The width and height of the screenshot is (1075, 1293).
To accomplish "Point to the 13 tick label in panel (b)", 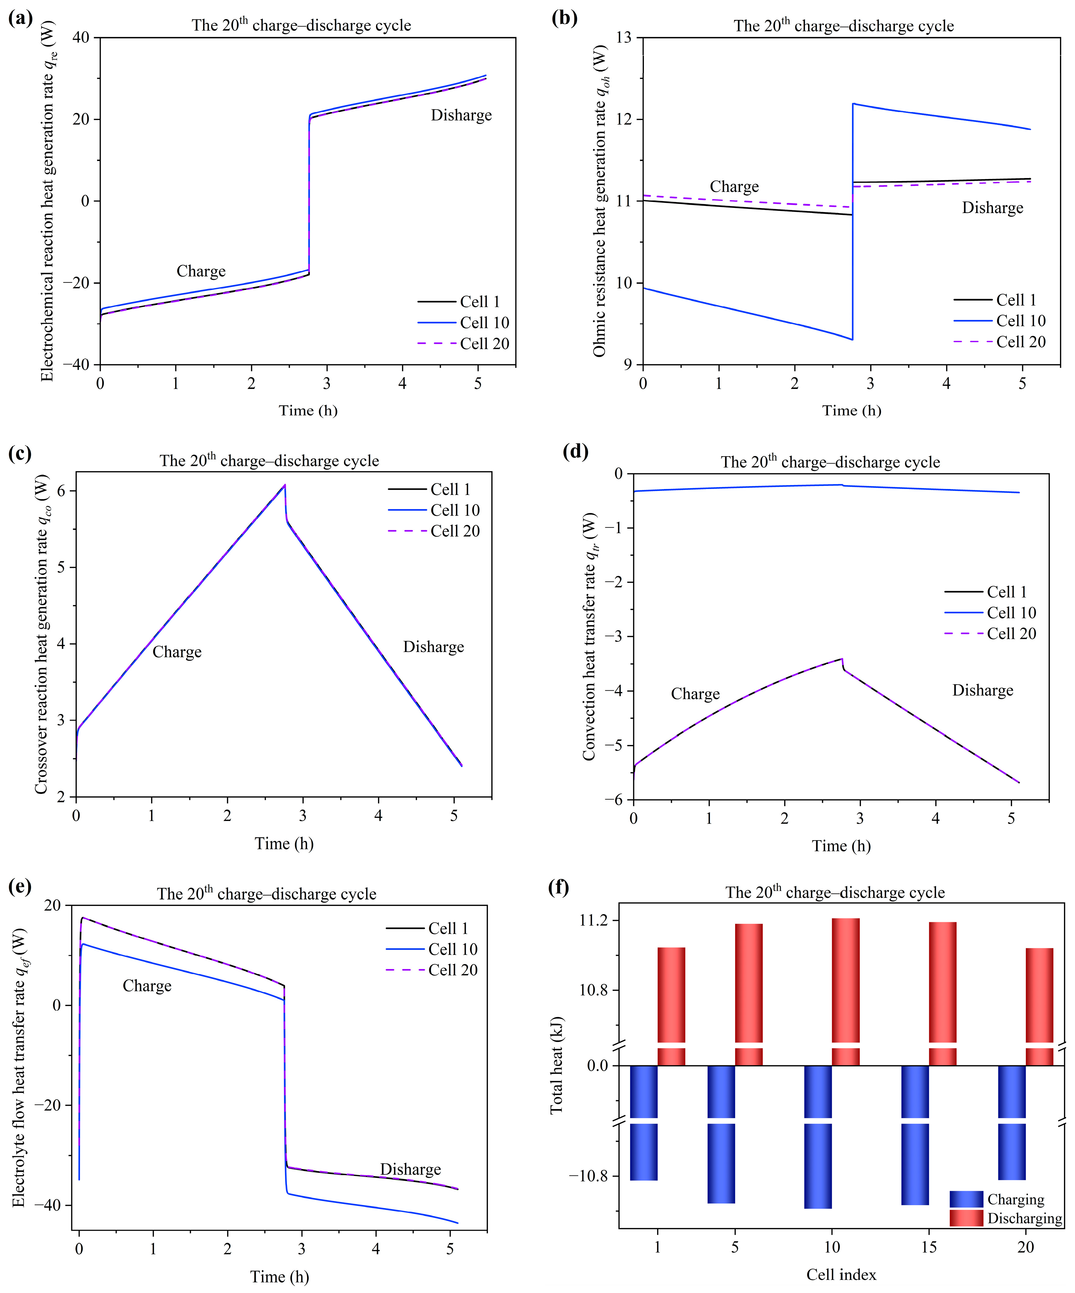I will pyautogui.click(x=624, y=37).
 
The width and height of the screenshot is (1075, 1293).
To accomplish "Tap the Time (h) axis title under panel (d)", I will pyautogui.click(x=841, y=846).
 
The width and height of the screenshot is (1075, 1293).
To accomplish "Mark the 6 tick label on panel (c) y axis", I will pyautogui.click(x=62, y=491).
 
